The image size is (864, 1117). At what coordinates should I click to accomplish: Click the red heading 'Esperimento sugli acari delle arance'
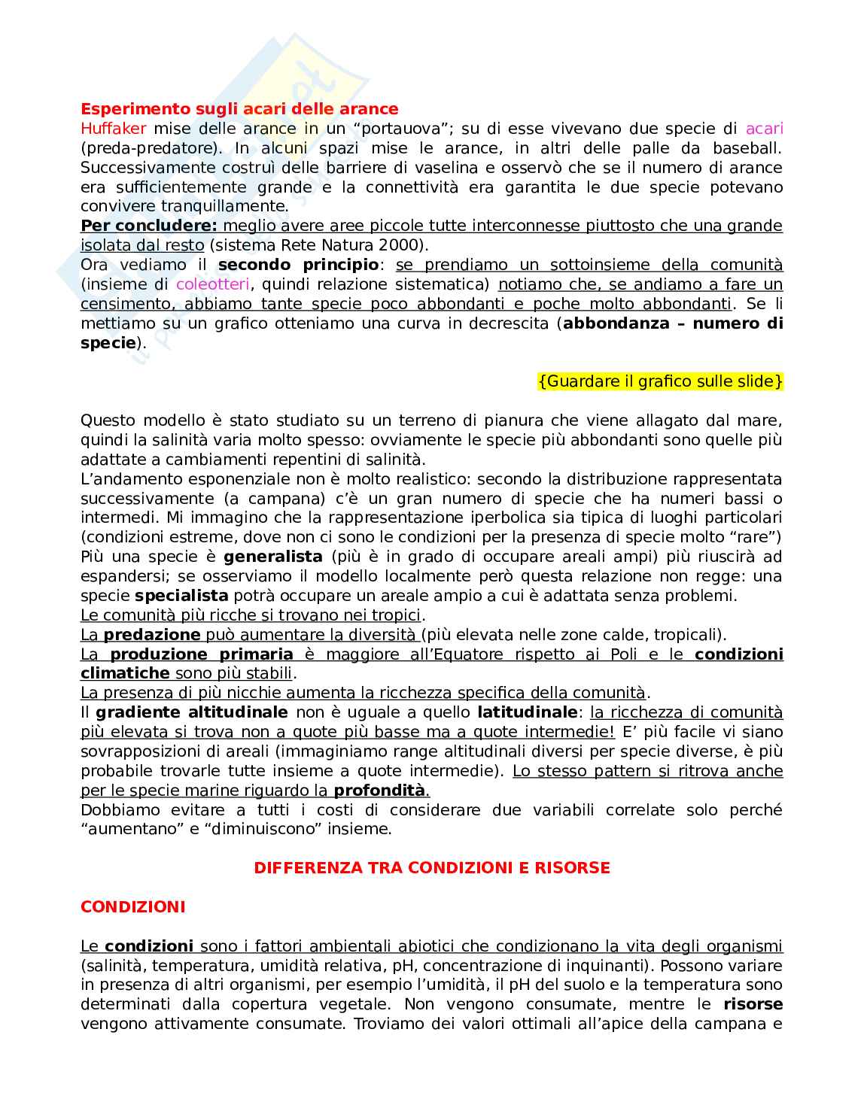239,109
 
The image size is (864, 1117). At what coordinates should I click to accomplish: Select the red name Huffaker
113,129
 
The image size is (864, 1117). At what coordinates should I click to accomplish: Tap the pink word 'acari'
764,129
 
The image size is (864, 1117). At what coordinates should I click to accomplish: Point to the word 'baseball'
747,148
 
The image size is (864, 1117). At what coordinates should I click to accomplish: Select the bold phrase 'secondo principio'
298,265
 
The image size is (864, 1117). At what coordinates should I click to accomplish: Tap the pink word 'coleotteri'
213,284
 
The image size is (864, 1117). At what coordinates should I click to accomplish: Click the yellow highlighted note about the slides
660,381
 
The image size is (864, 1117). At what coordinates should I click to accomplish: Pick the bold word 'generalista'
273,557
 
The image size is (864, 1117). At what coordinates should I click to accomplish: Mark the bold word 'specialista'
181,596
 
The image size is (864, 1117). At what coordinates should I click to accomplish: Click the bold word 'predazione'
151,635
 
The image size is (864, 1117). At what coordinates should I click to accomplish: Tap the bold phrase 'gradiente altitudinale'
192,712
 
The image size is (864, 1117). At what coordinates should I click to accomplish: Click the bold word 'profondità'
379,791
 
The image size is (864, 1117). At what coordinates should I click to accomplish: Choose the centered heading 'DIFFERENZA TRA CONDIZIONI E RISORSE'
432,868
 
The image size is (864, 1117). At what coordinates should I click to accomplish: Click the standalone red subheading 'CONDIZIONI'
132,907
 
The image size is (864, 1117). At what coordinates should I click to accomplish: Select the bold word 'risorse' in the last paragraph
753,1004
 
